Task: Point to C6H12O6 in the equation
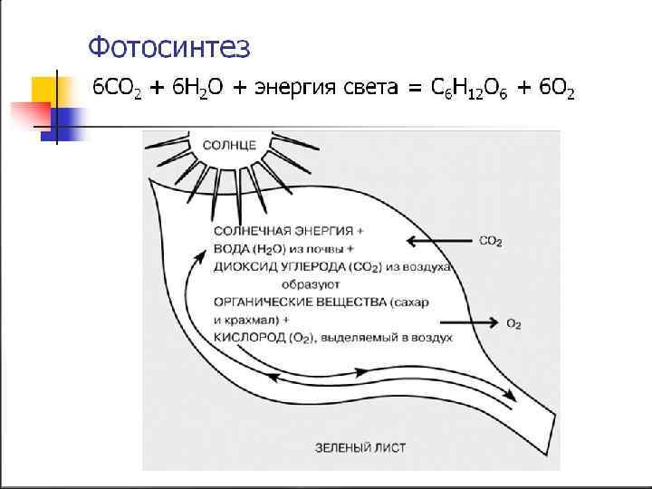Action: pyautogui.click(x=472, y=88)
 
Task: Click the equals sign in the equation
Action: pyautogui.click(x=415, y=88)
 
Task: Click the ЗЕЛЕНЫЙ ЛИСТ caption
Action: pyautogui.click(x=353, y=447)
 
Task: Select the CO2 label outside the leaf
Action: pyautogui.click(x=491, y=242)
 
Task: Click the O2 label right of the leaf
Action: pyautogui.click(x=513, y=322)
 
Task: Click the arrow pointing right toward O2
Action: pyautogui.click(x=466, y=321)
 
